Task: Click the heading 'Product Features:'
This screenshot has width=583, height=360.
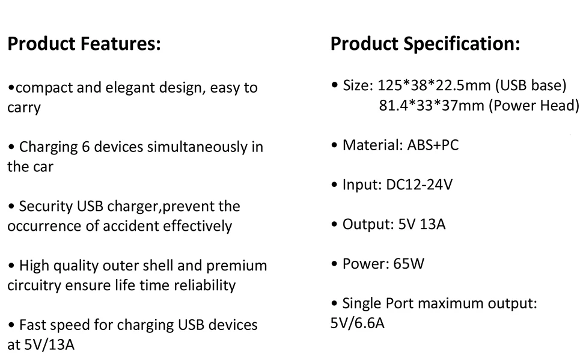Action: [x=84, y=44]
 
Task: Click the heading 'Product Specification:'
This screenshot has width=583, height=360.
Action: [x=425, y=44]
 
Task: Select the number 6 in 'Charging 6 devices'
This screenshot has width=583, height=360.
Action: [x=84, y=147]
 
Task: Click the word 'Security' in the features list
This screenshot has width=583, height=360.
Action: [x=46, y=207]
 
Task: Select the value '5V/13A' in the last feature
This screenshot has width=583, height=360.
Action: [x=49, y=345]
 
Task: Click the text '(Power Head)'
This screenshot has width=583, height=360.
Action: [x=534, y=106]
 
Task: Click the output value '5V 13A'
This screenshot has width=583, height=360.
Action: [x=422, y=224]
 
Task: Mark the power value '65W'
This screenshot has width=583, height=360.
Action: [x=409, y=264]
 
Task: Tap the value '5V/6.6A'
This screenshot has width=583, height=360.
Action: [x=358, y=323]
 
